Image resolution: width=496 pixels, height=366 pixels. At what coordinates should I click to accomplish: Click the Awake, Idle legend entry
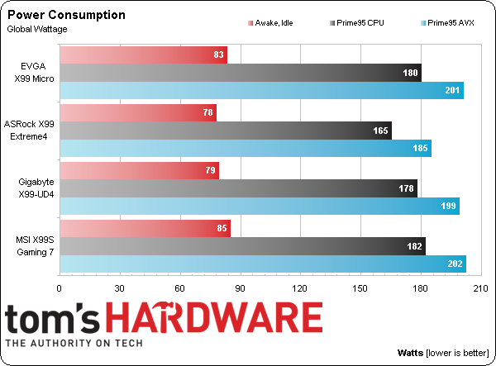pos(277,23)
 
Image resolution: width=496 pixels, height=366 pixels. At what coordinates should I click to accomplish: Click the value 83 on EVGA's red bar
pos(218,55)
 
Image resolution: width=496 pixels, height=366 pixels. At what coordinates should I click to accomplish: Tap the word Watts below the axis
pos(411,352)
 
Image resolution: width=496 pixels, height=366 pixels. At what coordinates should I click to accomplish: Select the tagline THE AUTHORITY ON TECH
pos(74,344)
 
